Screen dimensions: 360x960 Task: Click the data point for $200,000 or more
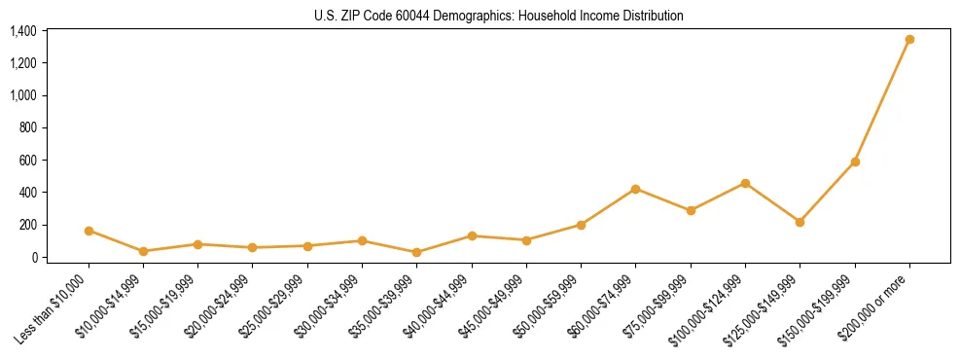click(x=909, y=40)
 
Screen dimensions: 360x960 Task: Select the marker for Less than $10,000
click(x=89, y=231)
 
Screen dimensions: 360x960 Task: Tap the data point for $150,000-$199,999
click(x=855, y=162)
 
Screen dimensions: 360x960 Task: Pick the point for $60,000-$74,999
click(x=635, y=189)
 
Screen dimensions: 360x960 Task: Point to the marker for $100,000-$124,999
click(x=745, y=183)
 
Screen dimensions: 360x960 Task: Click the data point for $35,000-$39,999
click(x=416, y=252)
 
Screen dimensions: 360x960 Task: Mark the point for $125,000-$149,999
click(x=800, y=222)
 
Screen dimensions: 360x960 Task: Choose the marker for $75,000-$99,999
click(x=691, y=210)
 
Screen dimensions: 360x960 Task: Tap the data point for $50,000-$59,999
click(x=581, y=225)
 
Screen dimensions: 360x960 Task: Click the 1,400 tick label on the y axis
click(x=22, y=31)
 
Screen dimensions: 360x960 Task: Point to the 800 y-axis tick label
click(x=27, y=127)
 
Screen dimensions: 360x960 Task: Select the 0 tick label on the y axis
click(x=33, y=257)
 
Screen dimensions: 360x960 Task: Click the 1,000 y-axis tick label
click(x=22, y=95)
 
